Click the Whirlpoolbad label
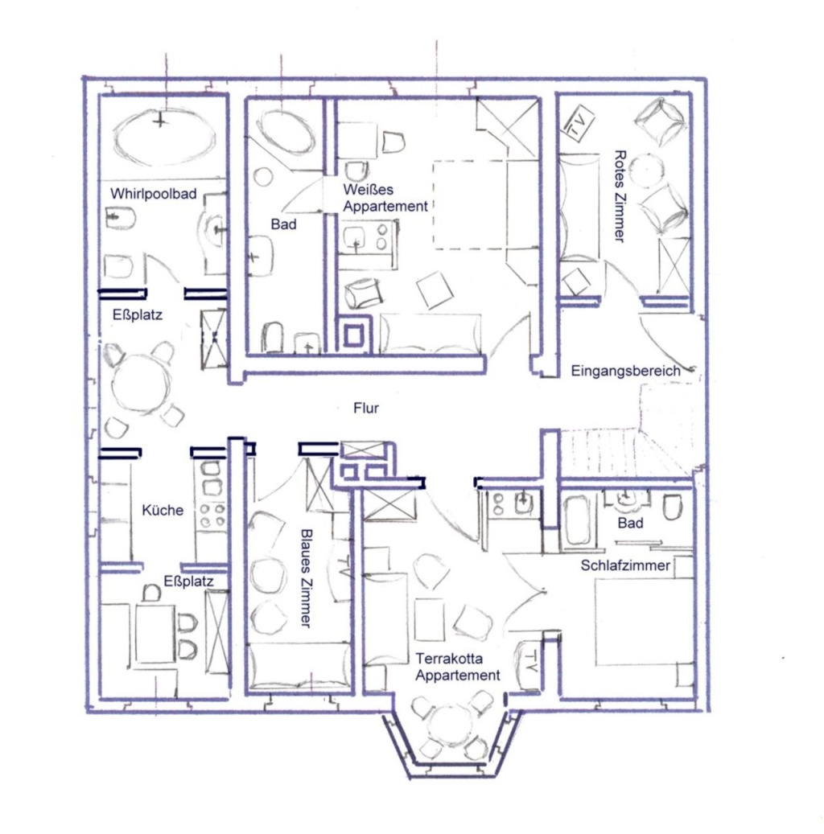tap(154, 194)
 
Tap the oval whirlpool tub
tap(164, 136)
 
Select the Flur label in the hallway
tap(365, 409)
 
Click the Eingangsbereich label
tap(626, 371)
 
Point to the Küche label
tap(163, 510)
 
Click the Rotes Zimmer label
tap(619, 195)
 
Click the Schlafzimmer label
tap(625, 565)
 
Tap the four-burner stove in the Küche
tap(212, 514)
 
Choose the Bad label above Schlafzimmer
tap(630, 524)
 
